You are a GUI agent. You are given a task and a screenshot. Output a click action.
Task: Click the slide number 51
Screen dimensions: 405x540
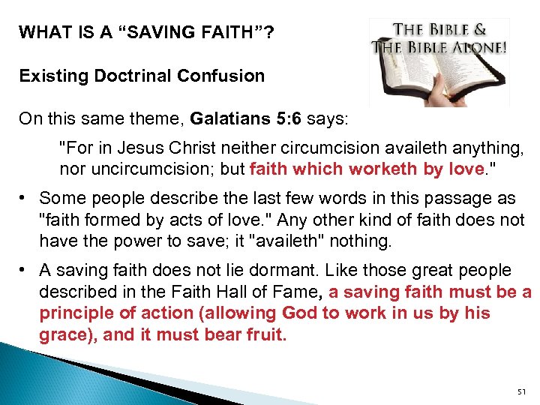pyautogui.click(x=523, y=391)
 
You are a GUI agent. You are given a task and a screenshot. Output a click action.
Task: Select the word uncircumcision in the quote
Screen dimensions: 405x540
pyautogui.click(x=150, y=169)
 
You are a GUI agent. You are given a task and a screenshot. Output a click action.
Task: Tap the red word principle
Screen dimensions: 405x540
pyautogui.click(x=75, y=313)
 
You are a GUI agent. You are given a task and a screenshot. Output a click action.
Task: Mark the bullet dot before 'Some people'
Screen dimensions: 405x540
pyautogui.click(x=25, y=199)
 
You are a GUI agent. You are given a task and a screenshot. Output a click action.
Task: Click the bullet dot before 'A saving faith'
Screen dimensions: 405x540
pyautogui.click(x=25, y=270)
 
